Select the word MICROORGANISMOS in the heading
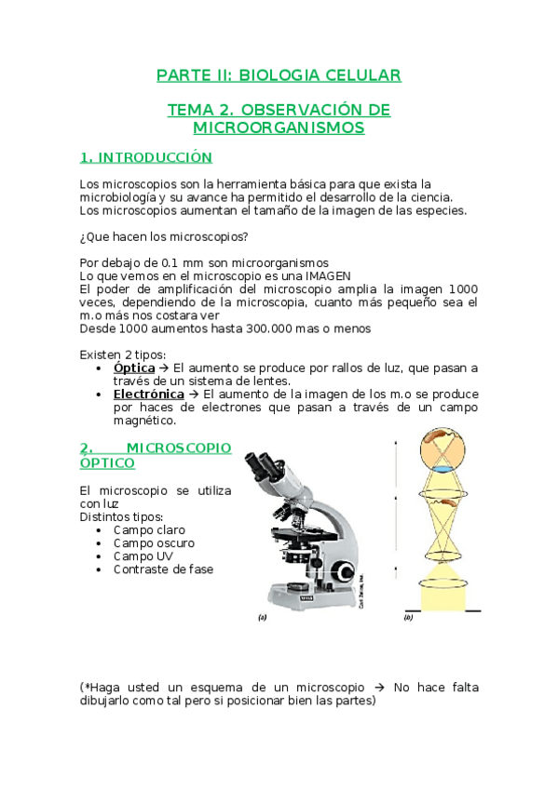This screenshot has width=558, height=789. (x=279, y=127)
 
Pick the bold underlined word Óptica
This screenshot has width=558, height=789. (x=133, y=368)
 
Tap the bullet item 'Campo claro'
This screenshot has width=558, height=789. (x=149, y=529)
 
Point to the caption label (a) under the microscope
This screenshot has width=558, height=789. (x=264, y=617)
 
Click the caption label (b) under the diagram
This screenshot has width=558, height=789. (x=408, y=617)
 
